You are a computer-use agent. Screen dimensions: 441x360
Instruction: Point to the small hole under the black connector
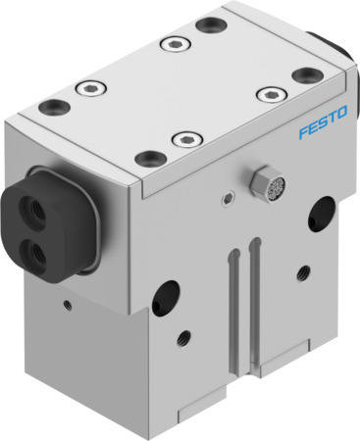66,303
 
